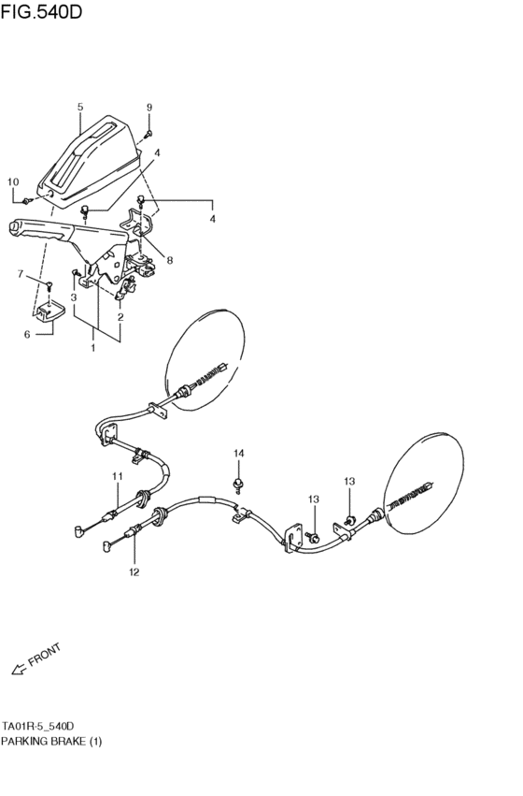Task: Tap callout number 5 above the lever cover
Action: point(80,107)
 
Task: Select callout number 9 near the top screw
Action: point(148,108)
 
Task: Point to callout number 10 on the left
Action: point(13,181)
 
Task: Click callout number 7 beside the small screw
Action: point(21,273)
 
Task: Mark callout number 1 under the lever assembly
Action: point(92,348)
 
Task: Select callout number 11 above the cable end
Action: point(118,476)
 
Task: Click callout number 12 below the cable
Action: point(134,572)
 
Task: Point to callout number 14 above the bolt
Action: point(238,454)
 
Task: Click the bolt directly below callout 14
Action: point(238,483)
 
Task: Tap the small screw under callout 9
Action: point(148,134)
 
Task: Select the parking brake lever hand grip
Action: point(37,227)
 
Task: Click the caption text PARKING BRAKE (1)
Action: point(52,741)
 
